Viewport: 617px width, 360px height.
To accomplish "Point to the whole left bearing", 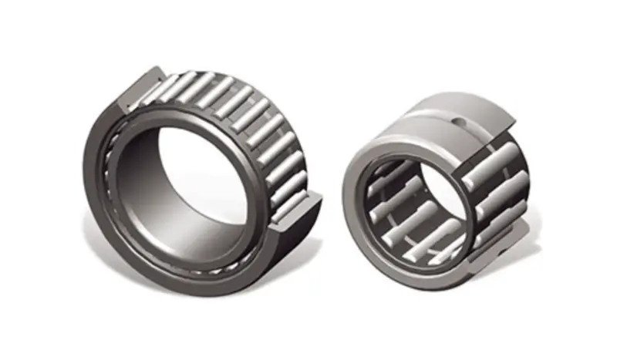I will tap(201, 177).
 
